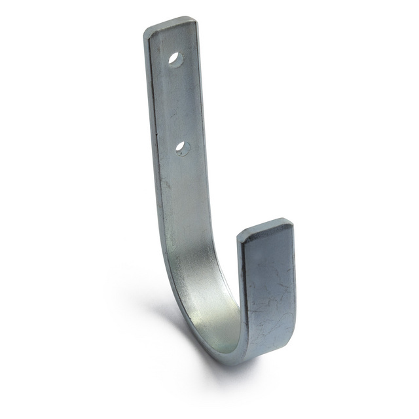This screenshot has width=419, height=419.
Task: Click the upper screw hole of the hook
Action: coord(175,58)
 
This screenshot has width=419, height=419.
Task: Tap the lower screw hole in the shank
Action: coord(183,149)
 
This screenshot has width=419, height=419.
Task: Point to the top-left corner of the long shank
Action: coord(145,29)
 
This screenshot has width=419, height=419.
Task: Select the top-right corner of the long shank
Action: coord(196,19)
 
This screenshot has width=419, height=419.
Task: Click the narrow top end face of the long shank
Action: coord(170,24)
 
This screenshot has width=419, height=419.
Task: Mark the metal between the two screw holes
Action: coord(179,103)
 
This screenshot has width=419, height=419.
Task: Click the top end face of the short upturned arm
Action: coord(265,228)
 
